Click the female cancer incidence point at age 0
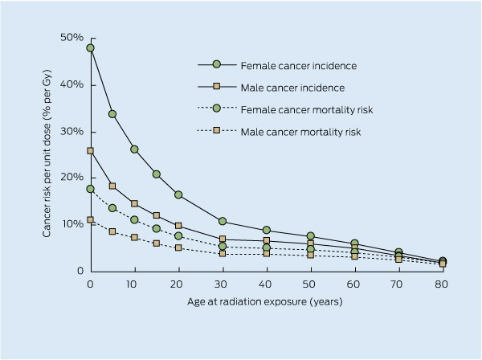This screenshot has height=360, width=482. pos(90,48)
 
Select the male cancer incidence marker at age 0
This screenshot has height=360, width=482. pos(90,151)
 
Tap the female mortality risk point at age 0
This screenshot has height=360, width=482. pos(90,189)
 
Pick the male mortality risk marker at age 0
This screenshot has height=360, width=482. pos(90,220)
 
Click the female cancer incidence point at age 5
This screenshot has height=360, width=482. pos(112,114)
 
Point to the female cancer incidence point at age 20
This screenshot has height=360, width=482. pos(178,195)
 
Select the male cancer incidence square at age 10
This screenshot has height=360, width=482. pos(134,203)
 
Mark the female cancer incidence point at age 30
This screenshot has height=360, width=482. pos(223,221)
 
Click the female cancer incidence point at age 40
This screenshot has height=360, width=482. pos(267,230)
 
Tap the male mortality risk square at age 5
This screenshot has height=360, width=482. pos(112,231)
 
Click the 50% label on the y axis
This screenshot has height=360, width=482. pos(72,38)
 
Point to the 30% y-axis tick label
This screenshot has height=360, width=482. pos(72,132)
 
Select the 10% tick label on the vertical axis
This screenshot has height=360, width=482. pos(73,224)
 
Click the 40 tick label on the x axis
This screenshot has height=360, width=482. pos(265,284)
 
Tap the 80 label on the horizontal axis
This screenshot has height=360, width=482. pos(441,284)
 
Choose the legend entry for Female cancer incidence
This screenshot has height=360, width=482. pos(277,65)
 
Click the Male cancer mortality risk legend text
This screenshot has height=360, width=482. pos(300,133)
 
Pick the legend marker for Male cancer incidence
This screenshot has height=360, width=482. pos(217,87)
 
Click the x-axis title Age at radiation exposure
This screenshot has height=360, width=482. pos(265,301)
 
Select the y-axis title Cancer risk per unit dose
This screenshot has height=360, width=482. pos(47,153)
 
